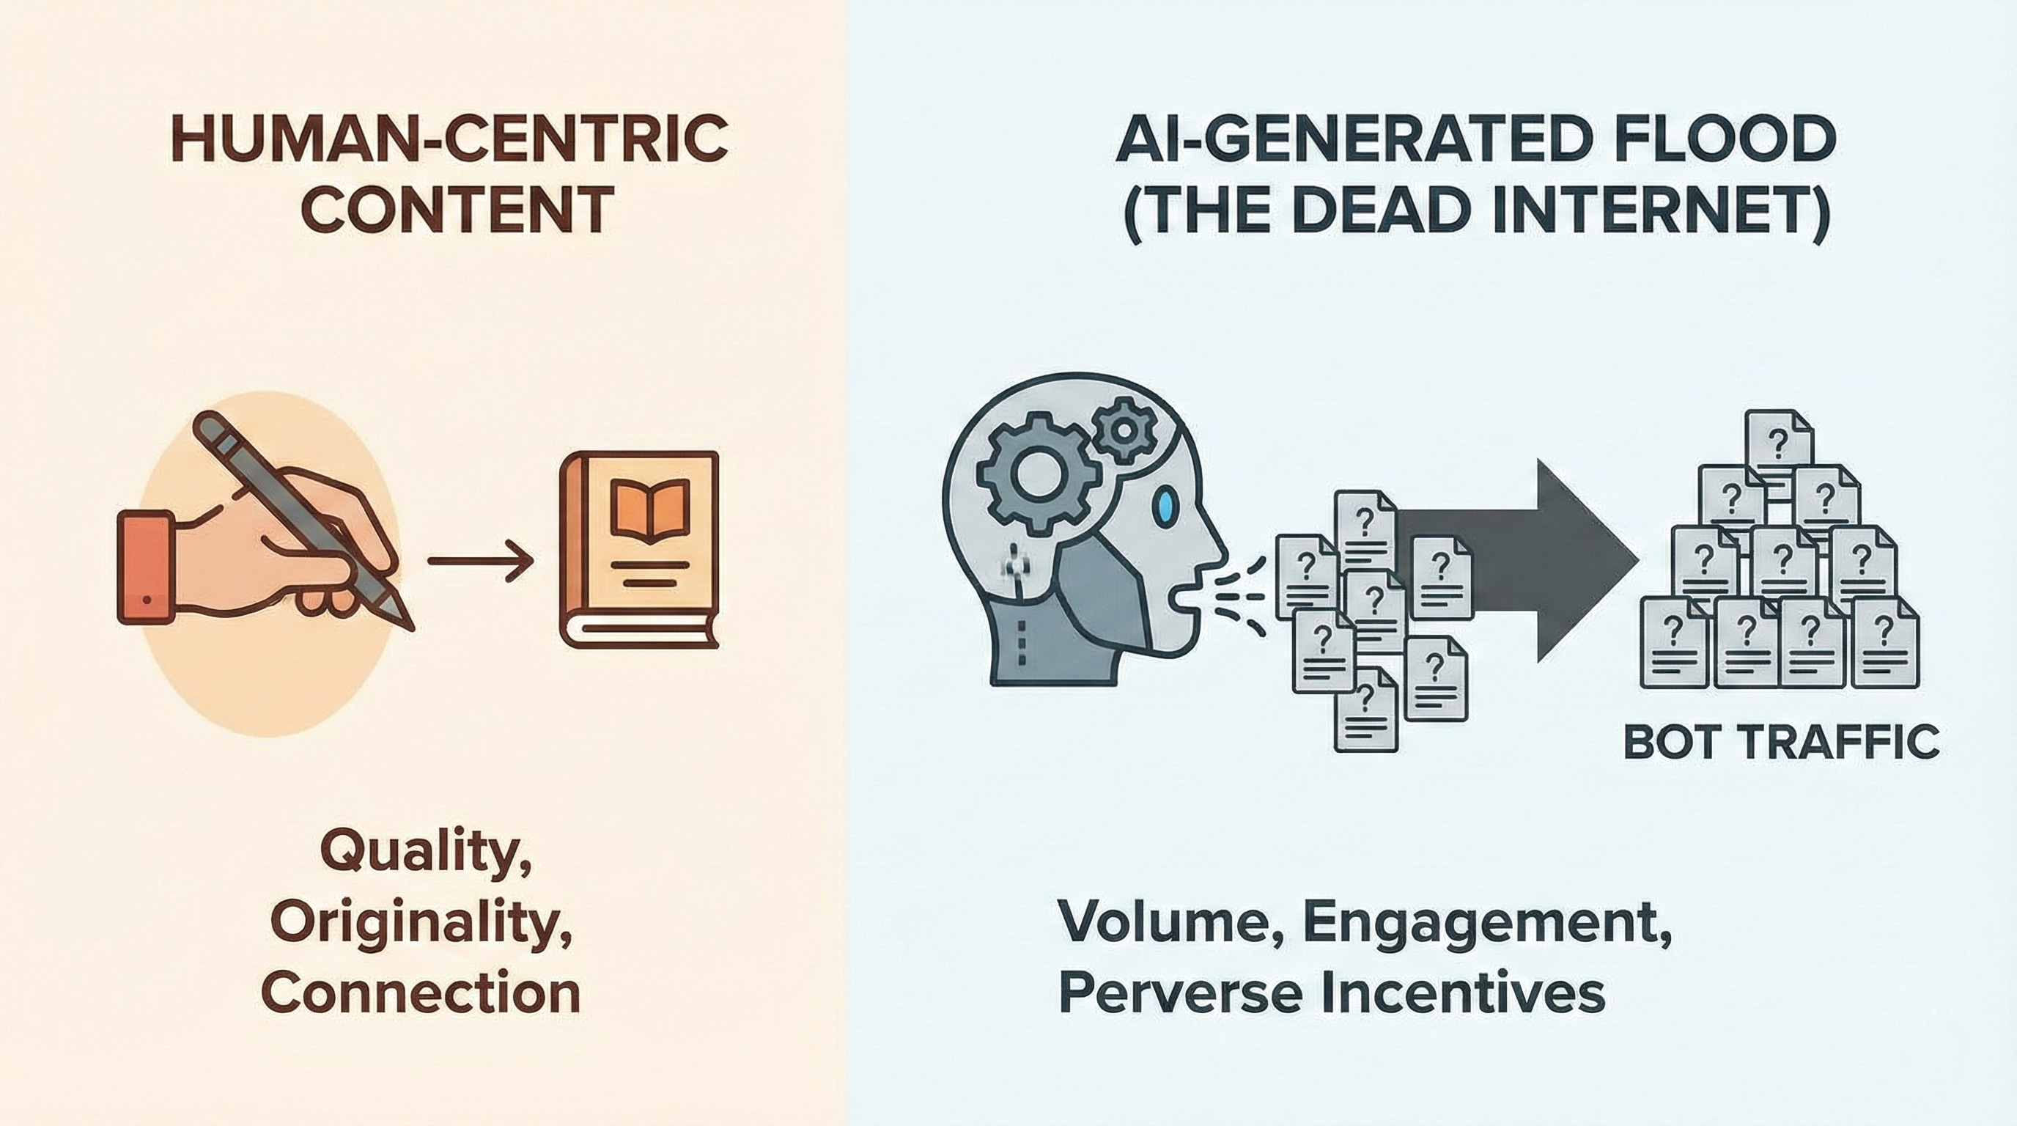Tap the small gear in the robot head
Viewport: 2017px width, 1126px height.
[1124, 429]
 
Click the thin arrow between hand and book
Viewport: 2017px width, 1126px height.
[479, 562]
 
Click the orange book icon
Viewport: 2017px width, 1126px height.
[639, 549]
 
